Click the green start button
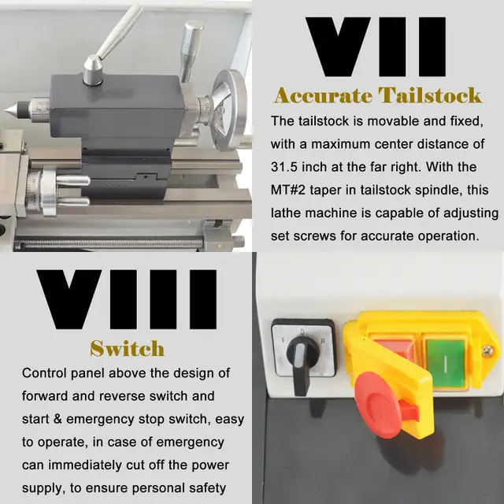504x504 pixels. tap(446, 362)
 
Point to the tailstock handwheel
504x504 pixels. tap(229, 110)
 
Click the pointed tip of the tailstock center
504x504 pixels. tap(6, 111)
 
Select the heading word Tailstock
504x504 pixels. tap(430, 95)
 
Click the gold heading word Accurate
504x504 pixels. tap(322, 96)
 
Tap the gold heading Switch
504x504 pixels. tap(128, 348)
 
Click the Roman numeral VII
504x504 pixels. tap(376, 47)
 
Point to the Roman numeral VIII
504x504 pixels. tap(127, 299)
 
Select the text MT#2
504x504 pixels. tap(288, 190)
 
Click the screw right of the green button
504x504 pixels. tap(488, 350)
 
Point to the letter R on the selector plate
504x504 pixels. tap(323, 341)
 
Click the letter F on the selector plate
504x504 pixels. tap(283, 340)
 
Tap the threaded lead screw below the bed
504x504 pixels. tap(109, 242)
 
